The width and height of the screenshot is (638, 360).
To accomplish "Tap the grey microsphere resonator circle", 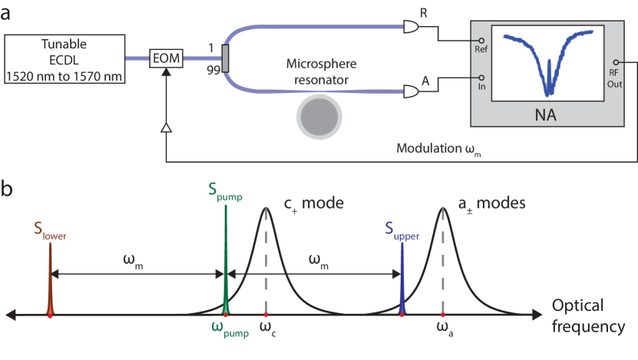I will pyautogui.click(x=318, y=118).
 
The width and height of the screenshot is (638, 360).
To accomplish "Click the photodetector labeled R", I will pyautogui.click(x=412, y=28).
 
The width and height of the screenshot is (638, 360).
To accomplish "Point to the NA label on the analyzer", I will pyautogui.click(x=547, y=116).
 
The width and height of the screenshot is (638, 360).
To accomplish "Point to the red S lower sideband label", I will pyautogui.click(x=50, y=230).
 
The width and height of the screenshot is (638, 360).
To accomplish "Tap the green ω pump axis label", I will pyautogui.click(x=230, y=329).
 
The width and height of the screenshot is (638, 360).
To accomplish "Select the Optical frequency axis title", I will pyautogui.click(x=587, y=315).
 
